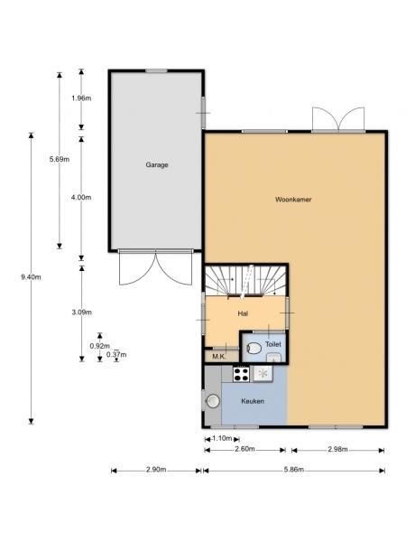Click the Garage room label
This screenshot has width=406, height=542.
(157, 165)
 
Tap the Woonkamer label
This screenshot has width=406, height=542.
(293, 200)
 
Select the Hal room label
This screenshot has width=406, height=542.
(243, 313)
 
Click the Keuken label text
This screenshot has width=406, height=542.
(253, 401)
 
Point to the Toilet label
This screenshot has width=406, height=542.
(272, 344)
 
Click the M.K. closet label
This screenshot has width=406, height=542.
(219, 357)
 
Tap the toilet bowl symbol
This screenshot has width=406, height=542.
(254, 348)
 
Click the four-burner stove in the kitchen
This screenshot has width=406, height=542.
(241, 374)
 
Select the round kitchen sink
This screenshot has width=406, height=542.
(213, 401)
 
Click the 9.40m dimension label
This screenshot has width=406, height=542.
(31, 277)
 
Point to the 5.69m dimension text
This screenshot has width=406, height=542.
(60, 159)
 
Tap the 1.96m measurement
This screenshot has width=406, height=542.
(81, 98)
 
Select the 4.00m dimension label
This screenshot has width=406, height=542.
(81, 197)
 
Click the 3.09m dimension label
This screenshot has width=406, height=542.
(82, 313)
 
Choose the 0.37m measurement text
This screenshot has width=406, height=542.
(116, 355)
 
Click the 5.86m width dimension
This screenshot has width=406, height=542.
(294, 470)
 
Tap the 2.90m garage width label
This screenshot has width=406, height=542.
(156, 470)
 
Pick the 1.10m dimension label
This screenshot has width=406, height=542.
(222, 438)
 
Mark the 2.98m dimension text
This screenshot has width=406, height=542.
(337, 449)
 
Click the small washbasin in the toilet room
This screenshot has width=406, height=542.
(273, 357)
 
